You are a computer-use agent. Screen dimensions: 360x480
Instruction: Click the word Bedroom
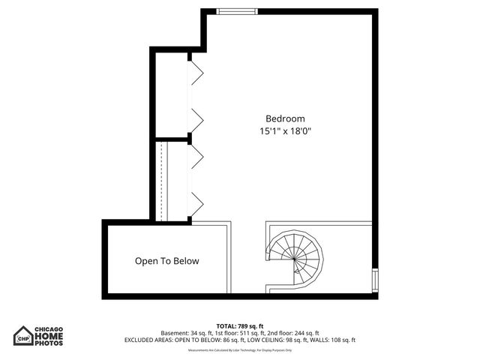click(x=286, y=118)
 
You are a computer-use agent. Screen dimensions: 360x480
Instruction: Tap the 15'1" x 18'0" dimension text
click(x=286, y=130)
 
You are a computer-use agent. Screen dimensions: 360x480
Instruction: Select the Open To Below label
click(x=167, y=261)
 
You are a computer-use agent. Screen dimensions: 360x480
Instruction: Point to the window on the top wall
click(x=229, y=11)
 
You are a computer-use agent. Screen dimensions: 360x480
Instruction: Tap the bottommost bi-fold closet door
click(x=196, y=202)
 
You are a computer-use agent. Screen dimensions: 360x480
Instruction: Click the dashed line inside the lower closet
click(x=162, y=180)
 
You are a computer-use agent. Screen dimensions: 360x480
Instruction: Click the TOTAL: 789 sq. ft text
click(x=240, y=325)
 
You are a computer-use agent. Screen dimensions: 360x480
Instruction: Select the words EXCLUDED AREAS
click(x=148, y=340)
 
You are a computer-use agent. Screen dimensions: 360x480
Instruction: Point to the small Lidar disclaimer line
click(x=240, y=350)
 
